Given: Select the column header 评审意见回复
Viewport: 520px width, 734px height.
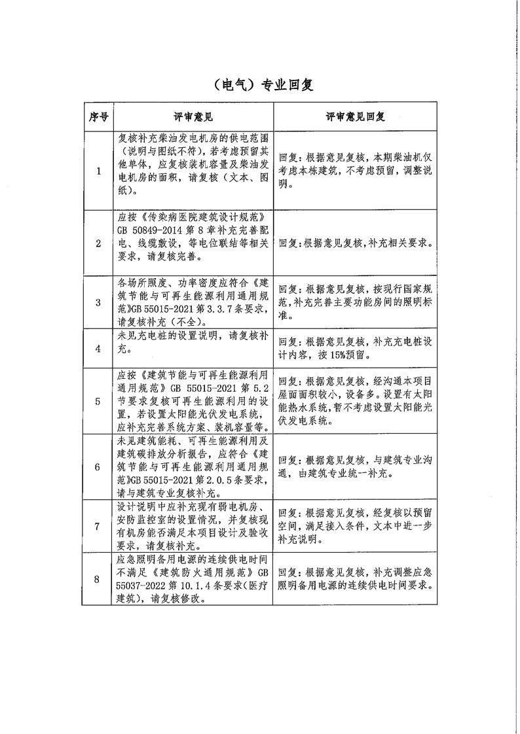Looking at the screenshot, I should [355, 117].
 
